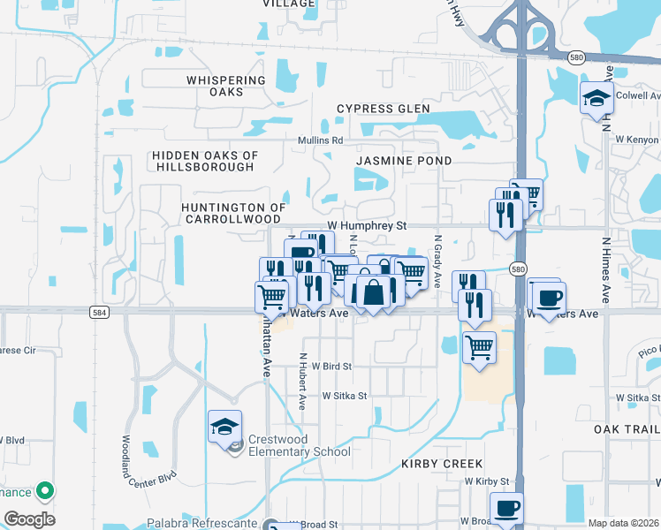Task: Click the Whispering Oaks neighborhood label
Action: tap(226, 86)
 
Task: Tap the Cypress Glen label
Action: tap(383, 109)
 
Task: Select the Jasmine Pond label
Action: tap(404, 161)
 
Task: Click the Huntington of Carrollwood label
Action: tap(233, 213)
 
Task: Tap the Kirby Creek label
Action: tap(442, 464)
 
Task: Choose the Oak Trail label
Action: tap(627, 428)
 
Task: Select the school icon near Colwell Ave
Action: tap(596, 98)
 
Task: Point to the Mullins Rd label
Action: tap(320, 140)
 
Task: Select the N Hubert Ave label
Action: tap(302, 382)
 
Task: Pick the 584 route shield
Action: tap(99, 312)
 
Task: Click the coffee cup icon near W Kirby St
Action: tap(506, 509)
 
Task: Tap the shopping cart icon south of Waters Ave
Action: tap(479, 347)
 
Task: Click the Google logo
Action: tap(29, 519)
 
